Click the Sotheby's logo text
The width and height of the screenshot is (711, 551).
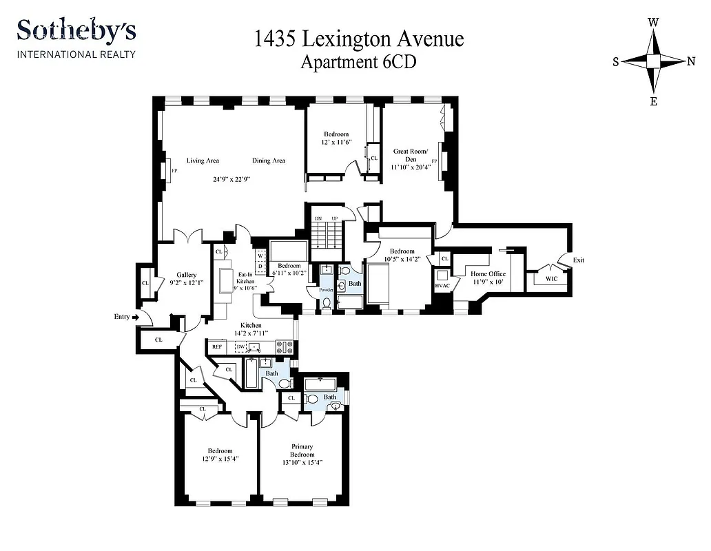click(76, 31)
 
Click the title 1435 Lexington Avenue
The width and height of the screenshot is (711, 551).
click(359, 39)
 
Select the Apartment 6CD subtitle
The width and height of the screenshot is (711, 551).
click(359, 61)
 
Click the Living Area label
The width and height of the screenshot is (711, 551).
click(203, 160)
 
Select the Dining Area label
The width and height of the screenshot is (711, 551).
click(268, 160)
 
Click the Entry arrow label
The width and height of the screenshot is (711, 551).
click(124, 317)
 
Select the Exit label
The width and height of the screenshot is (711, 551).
click(579, 260)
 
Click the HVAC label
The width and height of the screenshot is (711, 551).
click(442, 285)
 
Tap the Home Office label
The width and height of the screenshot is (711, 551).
click(488, 273)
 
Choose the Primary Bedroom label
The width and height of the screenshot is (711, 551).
click(302, 450)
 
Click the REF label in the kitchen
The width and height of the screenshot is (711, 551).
click(217, 347)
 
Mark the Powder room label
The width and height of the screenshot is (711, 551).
click(325, 290)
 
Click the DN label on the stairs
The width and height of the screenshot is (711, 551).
click(318, 218)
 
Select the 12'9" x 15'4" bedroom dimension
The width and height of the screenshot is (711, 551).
click(216, 459)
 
